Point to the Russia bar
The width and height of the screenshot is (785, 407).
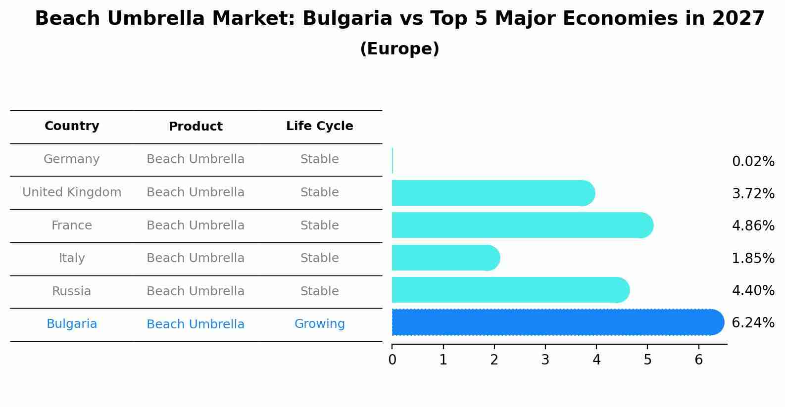[x=510, y=290]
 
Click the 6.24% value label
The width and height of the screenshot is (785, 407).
[x=753, y=323]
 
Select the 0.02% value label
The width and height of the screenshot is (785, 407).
[x=753, y=162]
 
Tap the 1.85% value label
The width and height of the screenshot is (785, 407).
[x=753, y=258]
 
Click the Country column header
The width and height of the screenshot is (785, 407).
[x=72, y=126]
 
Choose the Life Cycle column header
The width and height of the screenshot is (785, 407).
[x=319, y=126]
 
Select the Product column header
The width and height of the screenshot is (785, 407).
[x=196, y=127]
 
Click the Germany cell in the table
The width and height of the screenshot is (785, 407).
[x=72, y=159]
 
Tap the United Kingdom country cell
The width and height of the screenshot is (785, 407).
[x=72, y=192]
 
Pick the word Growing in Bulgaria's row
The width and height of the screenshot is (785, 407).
[x=319, y=324]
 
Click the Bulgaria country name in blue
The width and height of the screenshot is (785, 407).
[x=72, y=324]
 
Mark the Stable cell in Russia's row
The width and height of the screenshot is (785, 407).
[x=319, y=291]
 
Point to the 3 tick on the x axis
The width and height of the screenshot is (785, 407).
[x=545, y=360]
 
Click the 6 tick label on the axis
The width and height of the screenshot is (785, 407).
[x=698, y=360]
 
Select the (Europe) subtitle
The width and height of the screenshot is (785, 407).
[x=399, y=49]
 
